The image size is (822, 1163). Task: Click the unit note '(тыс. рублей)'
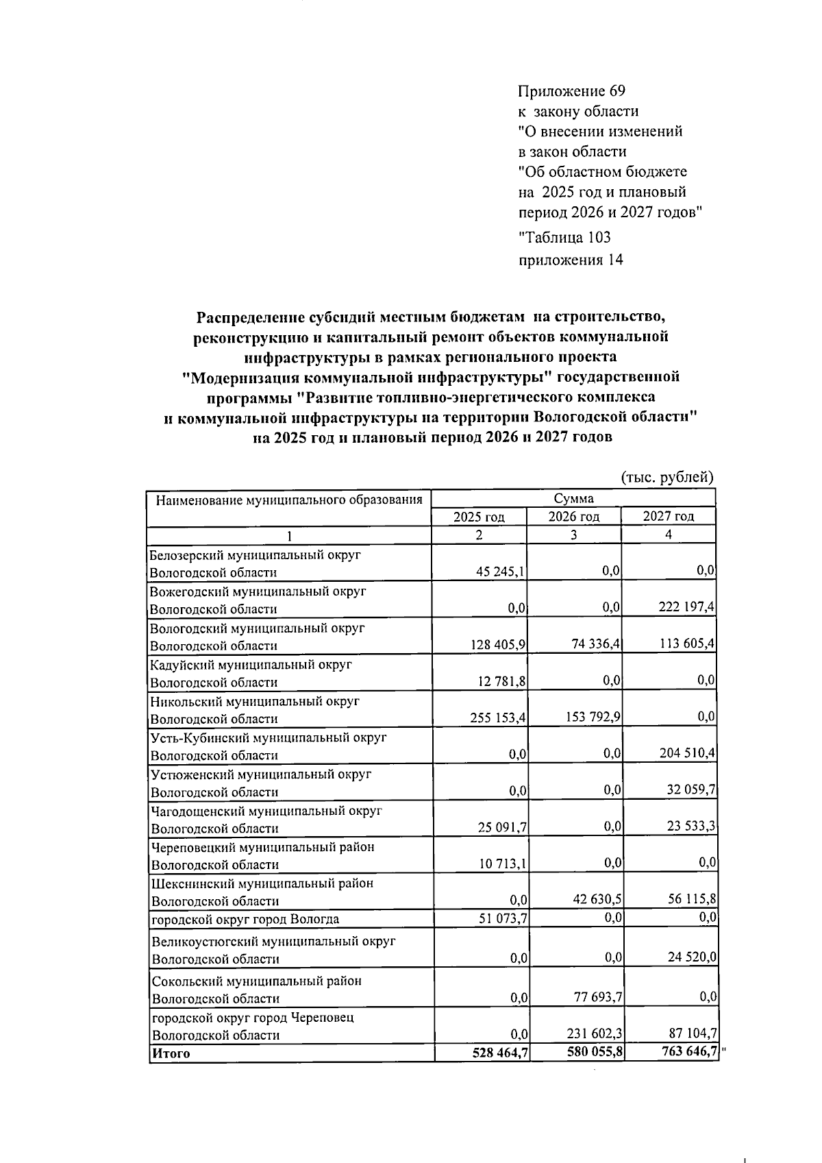pyautogui.click(x=667, y=478)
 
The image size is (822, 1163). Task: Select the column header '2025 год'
pyautogui.click(x=479, y=517)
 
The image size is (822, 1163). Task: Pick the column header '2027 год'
pyautogui.click(x=669, y=516)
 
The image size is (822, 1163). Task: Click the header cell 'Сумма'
pyautogui.click(x=573, y=498)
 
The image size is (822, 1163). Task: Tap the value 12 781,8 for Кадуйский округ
pyautogui.click(x=501, y=681)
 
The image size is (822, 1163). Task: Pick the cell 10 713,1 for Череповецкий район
pyautogui.click(x=502, y=864)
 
